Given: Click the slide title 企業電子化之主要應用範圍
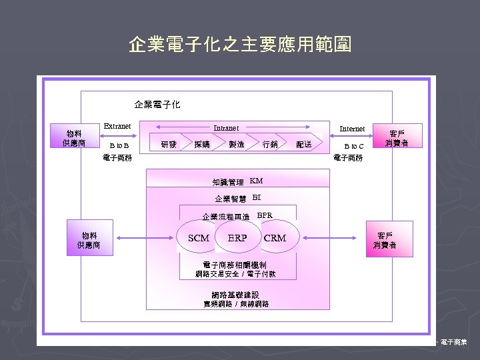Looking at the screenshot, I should (240, 45).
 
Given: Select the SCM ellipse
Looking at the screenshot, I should (198, 238).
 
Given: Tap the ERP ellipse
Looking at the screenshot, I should (237, 238).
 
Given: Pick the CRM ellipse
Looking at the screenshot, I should (275, 238).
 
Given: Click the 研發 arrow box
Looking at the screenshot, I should (169, 144).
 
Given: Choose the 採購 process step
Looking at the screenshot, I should (201, 144).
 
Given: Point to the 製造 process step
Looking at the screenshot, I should (236, 144).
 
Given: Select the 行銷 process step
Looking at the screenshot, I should (270, 144).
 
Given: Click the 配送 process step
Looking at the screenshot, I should (304, 144).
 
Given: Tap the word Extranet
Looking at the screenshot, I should (117, 126).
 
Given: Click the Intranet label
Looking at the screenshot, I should (225, 128).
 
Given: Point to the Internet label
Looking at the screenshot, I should (352, 129).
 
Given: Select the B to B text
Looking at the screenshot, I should (119, 145).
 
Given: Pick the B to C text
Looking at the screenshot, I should (353, 146).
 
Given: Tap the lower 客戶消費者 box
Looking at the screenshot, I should (385, 240).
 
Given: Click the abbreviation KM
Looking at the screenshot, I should (257, 181).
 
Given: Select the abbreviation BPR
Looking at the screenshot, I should (265, 215).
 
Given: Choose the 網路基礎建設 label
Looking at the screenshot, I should (236, 295).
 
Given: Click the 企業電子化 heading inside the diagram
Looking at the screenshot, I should (157, 105).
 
